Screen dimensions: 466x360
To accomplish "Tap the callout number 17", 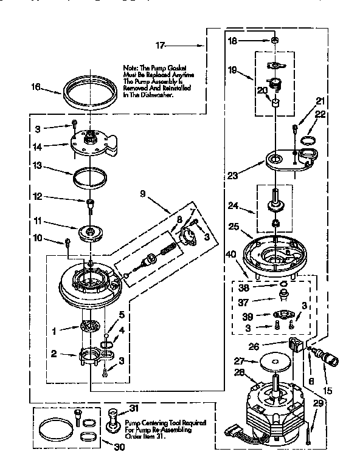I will (x=161, y=45).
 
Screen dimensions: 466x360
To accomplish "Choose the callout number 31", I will (x=134, y=408).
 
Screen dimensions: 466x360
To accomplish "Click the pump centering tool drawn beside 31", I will (x=112, y=420).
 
